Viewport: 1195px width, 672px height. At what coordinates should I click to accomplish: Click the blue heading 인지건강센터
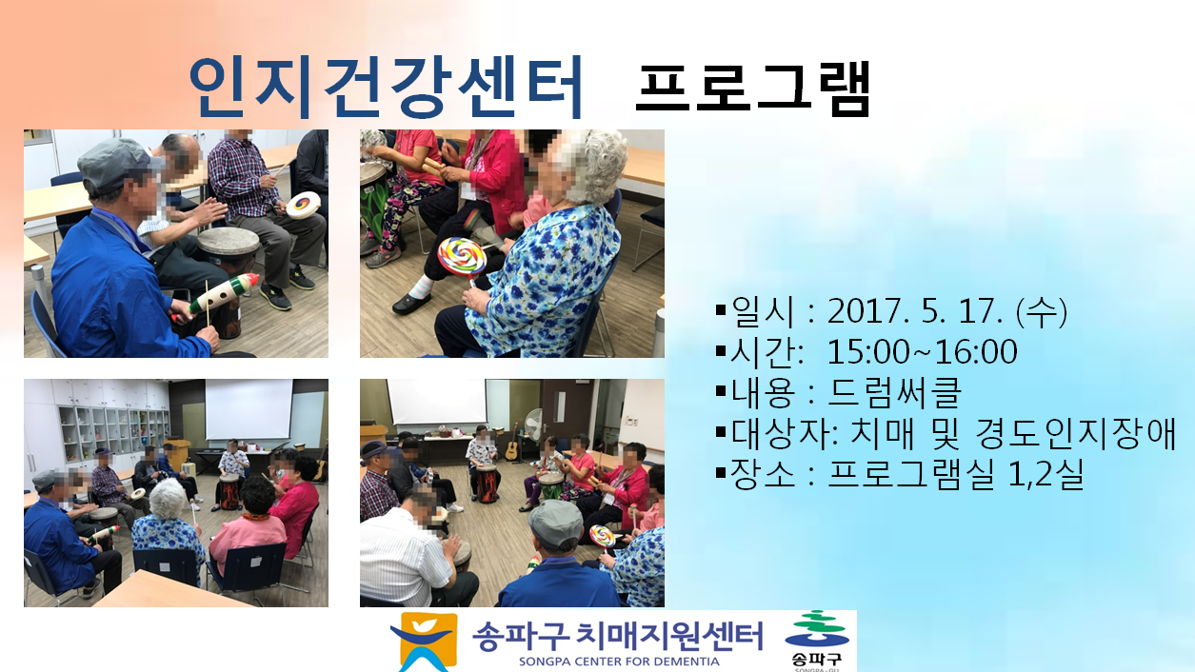click(x=386, y=87)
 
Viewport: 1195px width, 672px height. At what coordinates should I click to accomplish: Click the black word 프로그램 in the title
click(x=753, y=89)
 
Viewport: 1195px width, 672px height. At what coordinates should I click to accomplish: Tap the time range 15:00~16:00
click(x=923, y=352)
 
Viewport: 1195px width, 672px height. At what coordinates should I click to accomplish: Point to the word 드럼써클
click(x=895, y=392)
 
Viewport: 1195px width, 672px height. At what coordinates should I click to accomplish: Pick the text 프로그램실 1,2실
click(x=955, y=474)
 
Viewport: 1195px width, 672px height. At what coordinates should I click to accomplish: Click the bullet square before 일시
click(x=721, y=308)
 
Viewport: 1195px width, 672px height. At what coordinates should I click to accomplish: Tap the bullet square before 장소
click(x=721, y=472)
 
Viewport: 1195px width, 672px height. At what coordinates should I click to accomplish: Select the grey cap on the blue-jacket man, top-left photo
click(x=114, y=164)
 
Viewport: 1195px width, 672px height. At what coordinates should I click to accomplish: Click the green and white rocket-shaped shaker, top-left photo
click(x=223, y=294)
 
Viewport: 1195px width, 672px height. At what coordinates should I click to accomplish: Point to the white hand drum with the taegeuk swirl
click(x=303, y=205)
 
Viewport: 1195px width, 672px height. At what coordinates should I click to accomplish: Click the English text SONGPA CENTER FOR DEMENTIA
click(x=619, y=662)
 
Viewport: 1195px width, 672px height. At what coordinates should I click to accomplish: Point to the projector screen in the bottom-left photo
click(x=249, y=409)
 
